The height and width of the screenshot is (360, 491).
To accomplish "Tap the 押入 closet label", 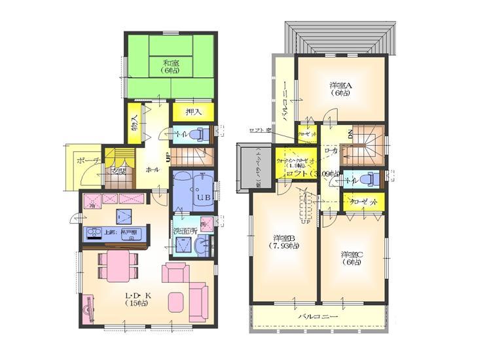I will (194, 113).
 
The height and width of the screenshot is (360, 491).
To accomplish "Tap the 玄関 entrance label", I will (118, 172).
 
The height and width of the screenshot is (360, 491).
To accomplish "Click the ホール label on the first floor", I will (152, 169).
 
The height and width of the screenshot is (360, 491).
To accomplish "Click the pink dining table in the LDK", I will (118, 261).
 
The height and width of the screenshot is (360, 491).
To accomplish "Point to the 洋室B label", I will (287, 242).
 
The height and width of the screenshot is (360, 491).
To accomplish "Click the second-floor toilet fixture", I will (369, 177).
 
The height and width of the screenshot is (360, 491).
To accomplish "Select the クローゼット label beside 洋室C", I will (364, 203).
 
